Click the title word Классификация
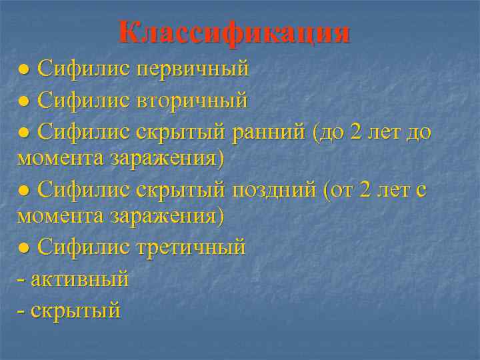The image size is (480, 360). pyautogui.click(x=234, y=32)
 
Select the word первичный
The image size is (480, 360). pyautogui.click(x=193, y=69)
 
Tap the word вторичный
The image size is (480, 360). pyautogui.click(x=193, y=101)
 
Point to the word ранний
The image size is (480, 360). pyautogui.click(x=269, y=132)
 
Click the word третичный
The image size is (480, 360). pyautogui.click(x=191, y=247)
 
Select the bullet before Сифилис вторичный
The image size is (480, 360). pyautogui.click(x=24, y=101)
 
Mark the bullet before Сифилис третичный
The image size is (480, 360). pyautogui.click(x=24, y=248)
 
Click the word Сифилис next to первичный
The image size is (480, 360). pyautogui.click(x=84, y=69)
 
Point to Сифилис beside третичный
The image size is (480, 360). pyautogui.click(x=84, y=247)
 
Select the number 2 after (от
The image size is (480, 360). pyautogui.click(x=364, y=191)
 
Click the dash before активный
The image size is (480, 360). pyautogui.click(x=21, y=279)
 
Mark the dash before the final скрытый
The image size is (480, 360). pyautogui.click(x=21, y=310)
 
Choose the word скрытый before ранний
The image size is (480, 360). pyautogui.click(x=181, y=133)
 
